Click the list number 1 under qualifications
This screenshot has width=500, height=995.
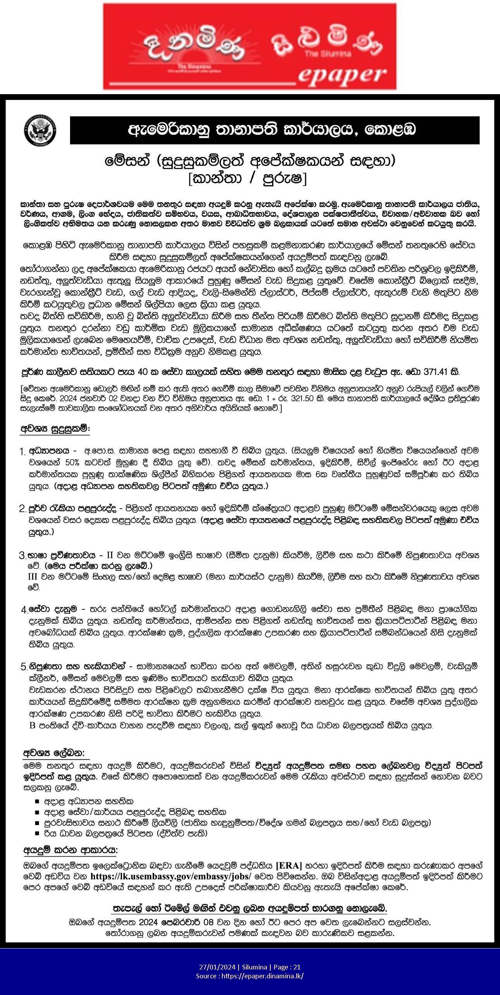coord(23,451)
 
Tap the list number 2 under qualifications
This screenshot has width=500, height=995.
coord(22,508)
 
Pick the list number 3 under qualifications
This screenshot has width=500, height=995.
coord(22,555)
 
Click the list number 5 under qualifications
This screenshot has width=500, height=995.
coord(23,667)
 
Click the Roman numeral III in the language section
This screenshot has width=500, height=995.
coord(33,577)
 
